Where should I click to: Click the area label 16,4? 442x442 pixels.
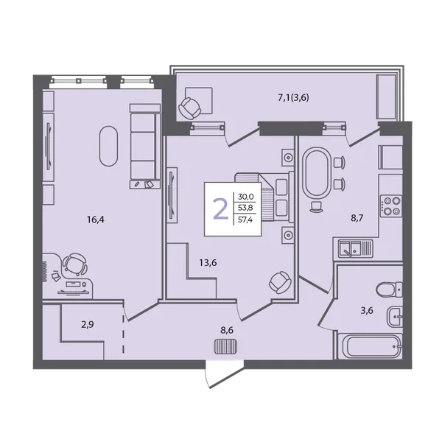tap(96, 220)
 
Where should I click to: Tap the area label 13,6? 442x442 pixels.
tap(208, 263)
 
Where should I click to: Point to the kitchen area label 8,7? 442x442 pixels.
tap(357, 218)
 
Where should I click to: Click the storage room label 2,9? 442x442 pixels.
tap(88, 325)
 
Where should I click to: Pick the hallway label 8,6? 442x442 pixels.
tap(227, 330)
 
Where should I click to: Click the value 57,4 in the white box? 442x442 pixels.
tap(245, 220)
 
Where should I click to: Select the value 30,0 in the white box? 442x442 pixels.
tap(245, 196)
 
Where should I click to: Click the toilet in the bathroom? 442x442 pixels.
tap(389, 290)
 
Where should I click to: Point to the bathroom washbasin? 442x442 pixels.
tap(395, 317)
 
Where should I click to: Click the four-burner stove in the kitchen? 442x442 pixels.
tap(390, 206)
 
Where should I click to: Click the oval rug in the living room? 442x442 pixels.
tap(108, 146)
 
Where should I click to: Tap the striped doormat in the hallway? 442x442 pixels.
tap(226, 347)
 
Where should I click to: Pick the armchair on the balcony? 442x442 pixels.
tap(190, 108)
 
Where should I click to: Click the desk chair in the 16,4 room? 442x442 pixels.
tap(74, 264)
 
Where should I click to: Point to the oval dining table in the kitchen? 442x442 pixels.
tap(317, 173)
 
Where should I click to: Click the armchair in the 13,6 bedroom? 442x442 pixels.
tap(280, 283)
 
